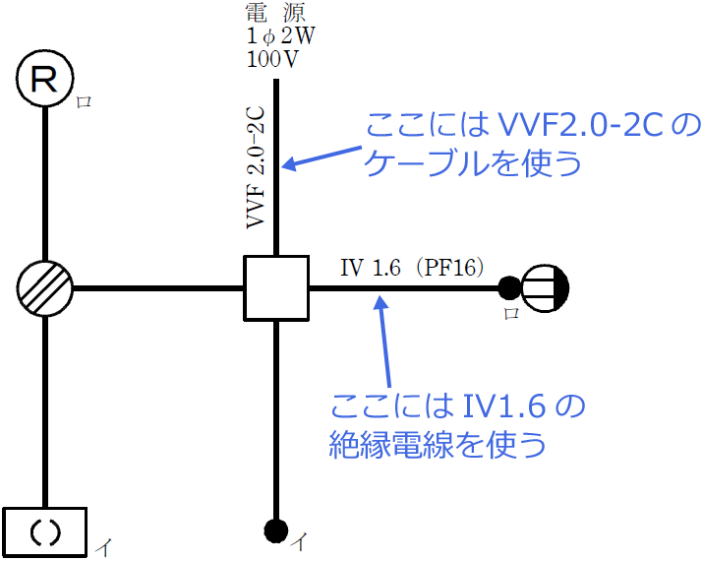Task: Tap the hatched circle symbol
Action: point(45,289)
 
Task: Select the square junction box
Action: point(276,287)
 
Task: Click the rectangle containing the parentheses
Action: point(45,531)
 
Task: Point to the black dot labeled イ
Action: point(276,530)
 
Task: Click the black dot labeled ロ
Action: point(508,288)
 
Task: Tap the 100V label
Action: point(273,58)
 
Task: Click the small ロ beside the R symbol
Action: point(84,101)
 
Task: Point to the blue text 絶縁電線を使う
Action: point(438,445)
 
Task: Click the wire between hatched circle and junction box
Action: point(157,288)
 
